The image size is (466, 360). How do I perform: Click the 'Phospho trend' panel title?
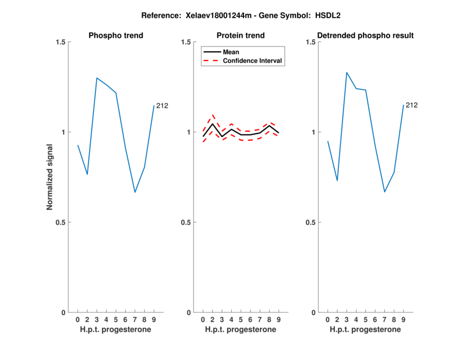point(116,36)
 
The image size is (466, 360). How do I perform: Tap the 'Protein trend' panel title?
point(241,36)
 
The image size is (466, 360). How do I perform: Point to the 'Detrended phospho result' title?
point(365,36)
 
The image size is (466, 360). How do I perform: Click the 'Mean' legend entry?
point(231,52)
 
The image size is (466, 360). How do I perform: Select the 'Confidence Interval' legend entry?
point(253,61)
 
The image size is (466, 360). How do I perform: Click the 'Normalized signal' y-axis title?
point(50,177)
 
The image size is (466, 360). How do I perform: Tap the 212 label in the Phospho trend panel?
point(162,105)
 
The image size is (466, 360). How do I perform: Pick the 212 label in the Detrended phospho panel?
point(412,105)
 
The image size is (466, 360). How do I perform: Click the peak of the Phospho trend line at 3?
point(97,78)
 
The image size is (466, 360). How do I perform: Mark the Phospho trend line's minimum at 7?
point(135,192)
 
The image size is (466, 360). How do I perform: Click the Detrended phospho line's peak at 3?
point(347,72)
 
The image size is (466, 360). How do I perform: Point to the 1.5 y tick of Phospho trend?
point(60,42)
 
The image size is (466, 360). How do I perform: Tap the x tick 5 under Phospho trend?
point(116,319)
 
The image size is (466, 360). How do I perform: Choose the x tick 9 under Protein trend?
point(278,319)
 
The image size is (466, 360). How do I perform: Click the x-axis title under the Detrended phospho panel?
point(365,329)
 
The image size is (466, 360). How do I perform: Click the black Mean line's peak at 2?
point(213,123)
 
